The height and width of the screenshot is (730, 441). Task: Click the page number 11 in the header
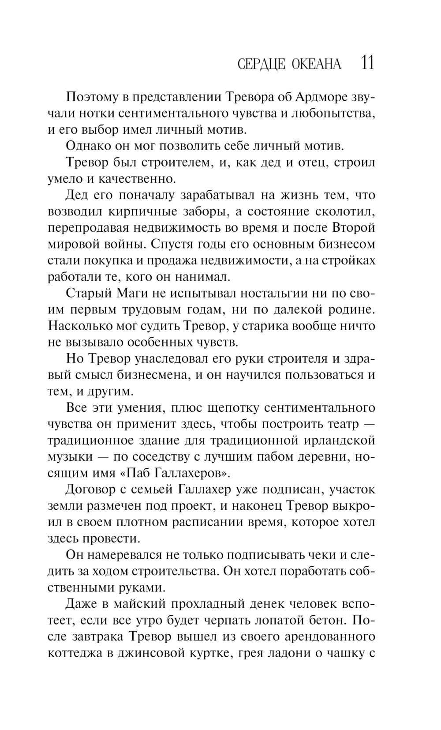pyautogui.click(x=367, y=63)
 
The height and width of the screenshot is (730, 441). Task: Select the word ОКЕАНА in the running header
pyautogui.click(x=316, y=64)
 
